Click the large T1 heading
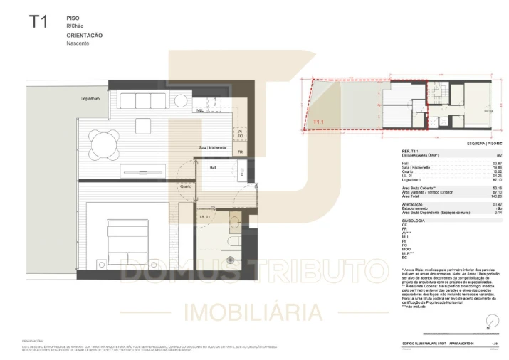38,21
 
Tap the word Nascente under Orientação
78,43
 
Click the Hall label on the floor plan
213,168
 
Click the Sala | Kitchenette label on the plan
213,147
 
